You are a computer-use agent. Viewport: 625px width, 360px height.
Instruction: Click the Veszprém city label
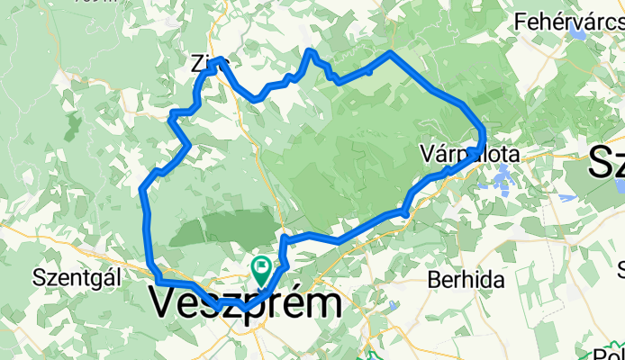click(245, 304)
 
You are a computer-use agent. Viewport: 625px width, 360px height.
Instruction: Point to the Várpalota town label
click(470, 155)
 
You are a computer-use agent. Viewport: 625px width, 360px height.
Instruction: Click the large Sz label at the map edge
click(607, 164)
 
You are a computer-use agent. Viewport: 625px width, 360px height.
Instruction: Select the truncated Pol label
click(608, 354)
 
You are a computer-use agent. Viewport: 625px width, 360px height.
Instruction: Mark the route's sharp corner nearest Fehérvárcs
click(389, 54)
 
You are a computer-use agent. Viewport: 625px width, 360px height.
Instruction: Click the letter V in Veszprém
click(164, 304)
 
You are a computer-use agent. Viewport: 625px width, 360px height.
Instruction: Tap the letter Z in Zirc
click(196, 63)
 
